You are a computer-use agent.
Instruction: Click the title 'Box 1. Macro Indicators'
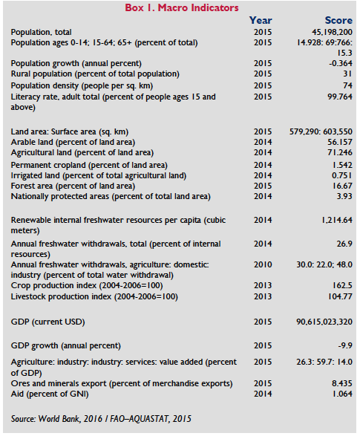[182, 7]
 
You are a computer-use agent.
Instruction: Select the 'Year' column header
[261, 20]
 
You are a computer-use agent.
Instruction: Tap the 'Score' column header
[338, 20]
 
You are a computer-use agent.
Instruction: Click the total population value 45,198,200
[332, 32]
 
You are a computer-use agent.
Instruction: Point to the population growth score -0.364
[341, 63]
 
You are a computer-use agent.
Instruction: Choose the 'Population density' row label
[82, 85]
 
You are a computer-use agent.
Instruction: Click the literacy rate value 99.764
[340, 97]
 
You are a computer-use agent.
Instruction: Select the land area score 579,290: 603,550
[321, 131]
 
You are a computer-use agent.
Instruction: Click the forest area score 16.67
[342, 186]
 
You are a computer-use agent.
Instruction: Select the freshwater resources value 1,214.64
[337, 220]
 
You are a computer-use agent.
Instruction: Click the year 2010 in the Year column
[263, 264]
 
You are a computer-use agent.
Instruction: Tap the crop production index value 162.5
[342, 285]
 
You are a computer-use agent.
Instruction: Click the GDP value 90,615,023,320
[324, 322]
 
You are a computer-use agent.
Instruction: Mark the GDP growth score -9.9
[345, 345]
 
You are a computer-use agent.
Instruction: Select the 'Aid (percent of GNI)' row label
[50, 394]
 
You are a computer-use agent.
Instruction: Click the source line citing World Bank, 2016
[101, 419]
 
